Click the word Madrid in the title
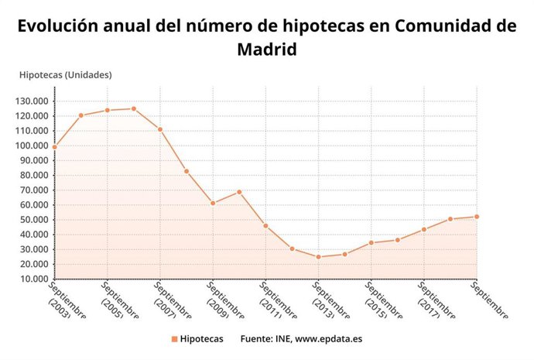266,50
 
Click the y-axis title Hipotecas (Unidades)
65,75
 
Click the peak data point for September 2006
134,108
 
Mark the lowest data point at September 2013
318,257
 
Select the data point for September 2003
55,146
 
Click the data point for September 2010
239,192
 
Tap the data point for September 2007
160,129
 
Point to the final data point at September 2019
477,217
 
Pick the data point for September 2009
213,203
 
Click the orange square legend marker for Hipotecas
174,339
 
